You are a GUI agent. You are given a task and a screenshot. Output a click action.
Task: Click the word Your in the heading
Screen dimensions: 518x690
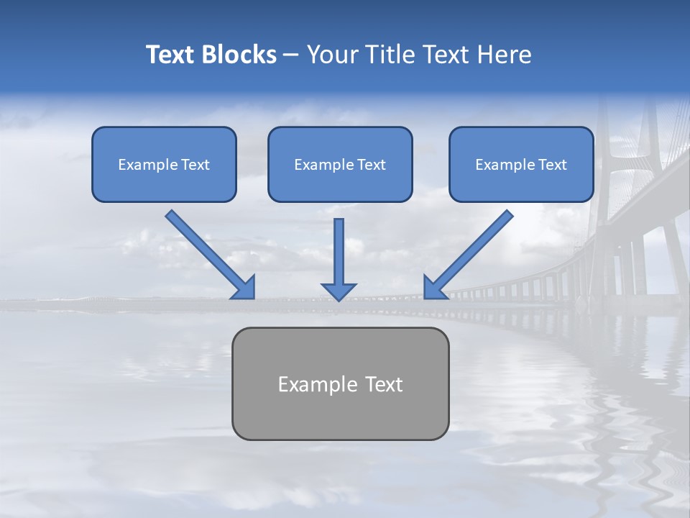pyautogui.click(x=334, y=55)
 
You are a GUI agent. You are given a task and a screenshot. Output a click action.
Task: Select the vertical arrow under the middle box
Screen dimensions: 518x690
pyautogui.click(x=339, y=252)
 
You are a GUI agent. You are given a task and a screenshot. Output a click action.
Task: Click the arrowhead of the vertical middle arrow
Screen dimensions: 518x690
pyautogui.click(x=339, y=291)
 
